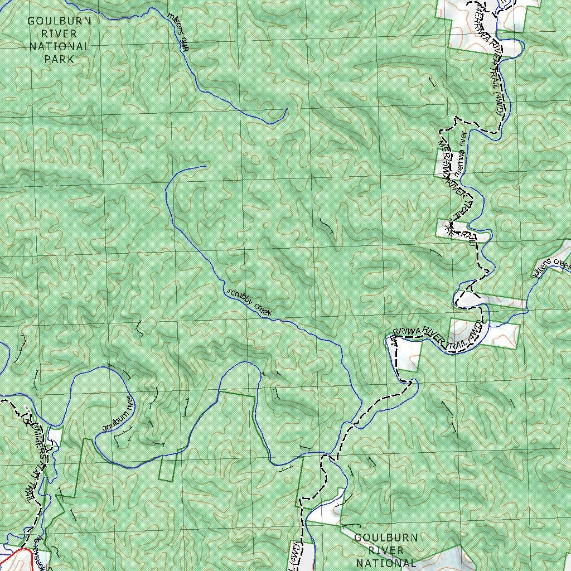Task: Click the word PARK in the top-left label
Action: click(x=59, y=59)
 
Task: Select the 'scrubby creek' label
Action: click(x=249, y=302)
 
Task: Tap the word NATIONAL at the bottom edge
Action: click(x=386, y=563)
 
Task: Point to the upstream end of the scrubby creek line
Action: click(x=205, y=166)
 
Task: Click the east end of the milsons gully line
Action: click(x=286, y=109)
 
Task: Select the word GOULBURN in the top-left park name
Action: click(x=59, y=21)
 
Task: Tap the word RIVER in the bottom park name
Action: click(x=386, y=550)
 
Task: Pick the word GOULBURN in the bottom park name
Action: click(x=386, y=538)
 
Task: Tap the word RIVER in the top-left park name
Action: click(x=59, y=33)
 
